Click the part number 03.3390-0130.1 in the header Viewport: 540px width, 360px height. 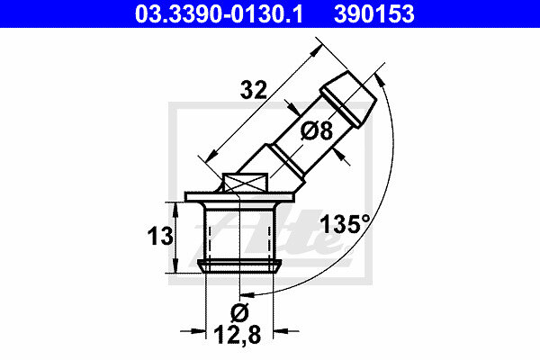tap(219, 13)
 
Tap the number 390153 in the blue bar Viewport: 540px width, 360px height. tap(374, 13)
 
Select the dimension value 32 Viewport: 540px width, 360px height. tap(254, 90)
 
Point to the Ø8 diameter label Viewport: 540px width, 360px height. tap(317, 130)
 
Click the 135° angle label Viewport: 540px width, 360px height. tap(345, 224)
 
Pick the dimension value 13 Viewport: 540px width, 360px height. tap(160, 237)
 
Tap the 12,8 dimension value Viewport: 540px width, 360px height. tap(238, 335)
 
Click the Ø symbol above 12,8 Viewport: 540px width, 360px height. tap(239, 312)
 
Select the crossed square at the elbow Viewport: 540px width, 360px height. tap(245, 183)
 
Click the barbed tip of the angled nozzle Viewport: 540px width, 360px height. tap(348, 100)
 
